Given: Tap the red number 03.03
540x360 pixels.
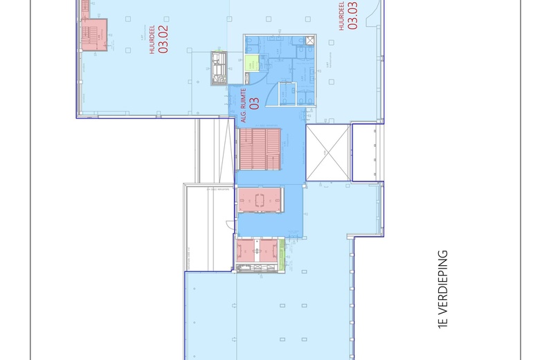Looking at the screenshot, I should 353,17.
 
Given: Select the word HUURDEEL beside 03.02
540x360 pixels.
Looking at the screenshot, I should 152,43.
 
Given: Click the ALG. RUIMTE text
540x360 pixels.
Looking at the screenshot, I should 244,105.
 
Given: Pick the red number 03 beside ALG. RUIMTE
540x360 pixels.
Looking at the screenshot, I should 254,104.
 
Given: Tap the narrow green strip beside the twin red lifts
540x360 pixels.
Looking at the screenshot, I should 282,247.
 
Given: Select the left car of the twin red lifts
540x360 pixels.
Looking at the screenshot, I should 247,250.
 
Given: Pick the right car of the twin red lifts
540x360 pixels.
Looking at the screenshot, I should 269,250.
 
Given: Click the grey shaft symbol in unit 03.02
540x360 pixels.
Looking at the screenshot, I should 219,68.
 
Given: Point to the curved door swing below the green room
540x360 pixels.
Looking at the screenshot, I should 252,80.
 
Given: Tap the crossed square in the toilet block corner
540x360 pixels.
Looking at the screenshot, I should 323,66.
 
